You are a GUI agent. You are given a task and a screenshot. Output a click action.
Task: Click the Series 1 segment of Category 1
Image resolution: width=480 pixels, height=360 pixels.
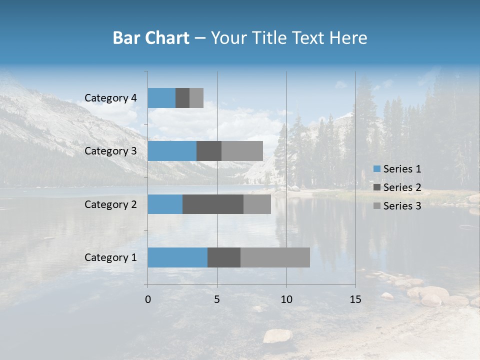[x=177, y=257]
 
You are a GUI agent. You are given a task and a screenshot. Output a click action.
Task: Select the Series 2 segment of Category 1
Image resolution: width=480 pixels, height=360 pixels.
[x=224, y=257]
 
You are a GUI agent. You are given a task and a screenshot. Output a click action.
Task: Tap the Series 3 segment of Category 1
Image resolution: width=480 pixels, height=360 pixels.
[x=275, y=257]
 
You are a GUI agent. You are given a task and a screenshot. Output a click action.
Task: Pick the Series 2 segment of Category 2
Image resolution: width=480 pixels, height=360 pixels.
[x=213, y=204]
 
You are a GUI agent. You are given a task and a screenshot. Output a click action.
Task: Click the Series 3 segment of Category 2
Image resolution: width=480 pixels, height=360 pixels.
[x=257, y=204]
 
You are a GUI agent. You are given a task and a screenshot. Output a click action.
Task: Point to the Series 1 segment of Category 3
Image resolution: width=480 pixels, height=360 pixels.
[x=172, y=151]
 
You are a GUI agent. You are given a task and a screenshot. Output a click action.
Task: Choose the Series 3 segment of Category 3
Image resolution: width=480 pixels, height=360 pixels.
[x=242, y=151]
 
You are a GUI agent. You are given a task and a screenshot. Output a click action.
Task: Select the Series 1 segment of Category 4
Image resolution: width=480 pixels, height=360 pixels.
[x=161, y=98]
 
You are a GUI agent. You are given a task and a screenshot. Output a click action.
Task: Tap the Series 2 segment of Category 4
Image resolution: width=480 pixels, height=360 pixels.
[x=182, y=98]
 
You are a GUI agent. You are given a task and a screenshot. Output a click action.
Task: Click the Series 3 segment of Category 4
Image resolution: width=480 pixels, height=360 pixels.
[x=196, y=98]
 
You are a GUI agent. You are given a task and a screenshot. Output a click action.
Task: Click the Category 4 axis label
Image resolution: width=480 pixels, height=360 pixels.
[x=110, y=98]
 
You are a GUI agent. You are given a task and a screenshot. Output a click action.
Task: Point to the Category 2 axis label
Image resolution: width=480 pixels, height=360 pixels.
[x=110, y=204]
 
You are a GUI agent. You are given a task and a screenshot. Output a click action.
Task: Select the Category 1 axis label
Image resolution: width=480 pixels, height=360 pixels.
[x=110, y=257]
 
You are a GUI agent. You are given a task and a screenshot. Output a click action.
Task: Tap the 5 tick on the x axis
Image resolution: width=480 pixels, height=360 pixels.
[x=217, y=299]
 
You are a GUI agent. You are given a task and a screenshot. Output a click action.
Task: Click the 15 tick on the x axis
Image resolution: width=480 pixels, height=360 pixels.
[x=355, y=299]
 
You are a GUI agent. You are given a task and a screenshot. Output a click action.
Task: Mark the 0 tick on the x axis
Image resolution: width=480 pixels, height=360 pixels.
[x=148, y=299]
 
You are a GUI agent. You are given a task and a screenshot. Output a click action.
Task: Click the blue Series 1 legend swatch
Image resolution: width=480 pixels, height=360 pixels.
[x=376, y=169]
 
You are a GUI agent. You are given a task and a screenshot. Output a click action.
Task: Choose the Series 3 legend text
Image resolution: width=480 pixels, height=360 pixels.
[x=402, y=206]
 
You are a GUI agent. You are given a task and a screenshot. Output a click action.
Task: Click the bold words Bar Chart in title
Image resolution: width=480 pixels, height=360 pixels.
[x=151, y=38]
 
